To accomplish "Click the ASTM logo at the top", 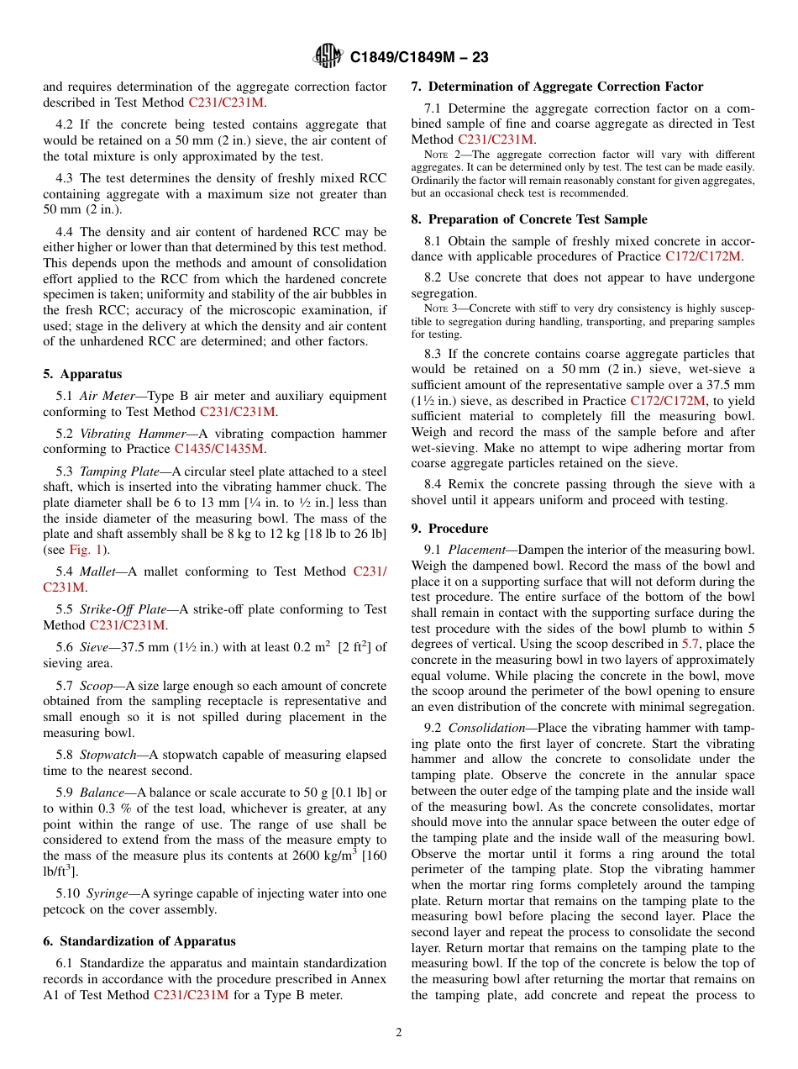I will [328, 56].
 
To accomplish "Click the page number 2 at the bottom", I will [399, 1033].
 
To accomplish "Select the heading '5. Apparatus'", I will [82, 374].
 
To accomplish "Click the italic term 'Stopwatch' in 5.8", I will [108, 755].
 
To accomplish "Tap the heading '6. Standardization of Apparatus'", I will [139, 941].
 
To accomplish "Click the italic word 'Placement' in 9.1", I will [475, 550].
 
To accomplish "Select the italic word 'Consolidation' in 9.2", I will [487, 728].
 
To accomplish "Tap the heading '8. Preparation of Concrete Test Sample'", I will [529, 219].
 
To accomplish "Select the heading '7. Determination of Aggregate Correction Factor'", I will [557, 87].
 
